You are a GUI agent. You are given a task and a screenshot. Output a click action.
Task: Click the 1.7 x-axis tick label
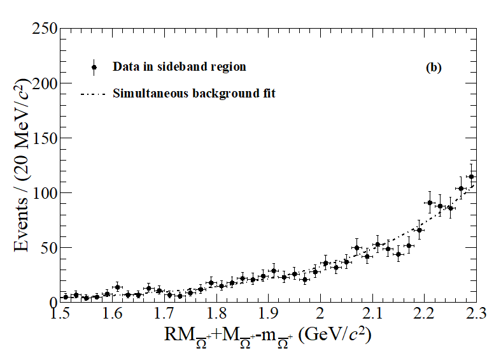coord(164,313)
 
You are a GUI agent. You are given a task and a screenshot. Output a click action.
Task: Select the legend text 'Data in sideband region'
coord(179,67)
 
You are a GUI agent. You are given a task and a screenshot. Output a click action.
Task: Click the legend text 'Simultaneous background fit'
coord(194,94)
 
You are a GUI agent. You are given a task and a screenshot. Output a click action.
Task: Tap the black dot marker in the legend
coord(94,67)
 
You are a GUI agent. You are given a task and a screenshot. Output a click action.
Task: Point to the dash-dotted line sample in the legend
coord(94,94)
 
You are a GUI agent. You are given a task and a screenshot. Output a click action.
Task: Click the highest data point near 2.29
coord(471,177)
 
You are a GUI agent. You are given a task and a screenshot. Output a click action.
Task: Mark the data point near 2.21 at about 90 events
coord(430,203)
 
